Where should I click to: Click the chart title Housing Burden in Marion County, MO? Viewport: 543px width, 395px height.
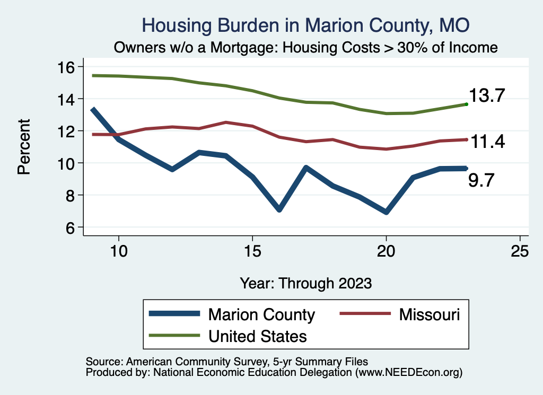(x=306, y=25)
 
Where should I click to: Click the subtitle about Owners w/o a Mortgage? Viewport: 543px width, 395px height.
(x=306, y=48)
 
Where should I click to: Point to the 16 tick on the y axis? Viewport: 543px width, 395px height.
(x=69, y=67)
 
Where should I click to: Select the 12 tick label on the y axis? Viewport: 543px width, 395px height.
(x=69, y=131)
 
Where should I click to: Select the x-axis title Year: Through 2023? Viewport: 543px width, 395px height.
(x=306, y=283)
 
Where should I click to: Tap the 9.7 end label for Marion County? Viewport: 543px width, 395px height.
(x=481, y=181)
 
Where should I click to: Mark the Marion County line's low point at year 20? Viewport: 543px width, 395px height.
(x=386, y=212)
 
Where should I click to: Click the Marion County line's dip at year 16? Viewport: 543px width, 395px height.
(x=279, y=209)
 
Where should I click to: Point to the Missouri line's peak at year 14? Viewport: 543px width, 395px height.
(x=226, y=122)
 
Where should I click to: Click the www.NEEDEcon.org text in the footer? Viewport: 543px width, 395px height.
(x=409, y=373)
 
